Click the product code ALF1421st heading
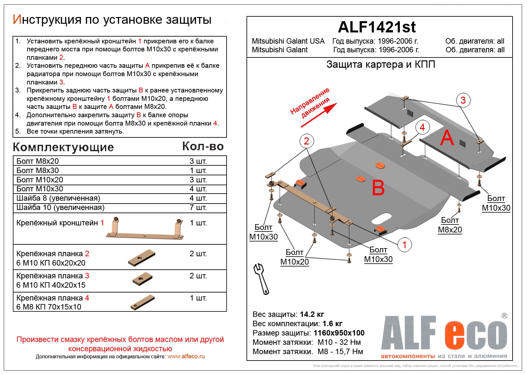click(x=377, y=27)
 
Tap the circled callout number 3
click(x=463, y=100)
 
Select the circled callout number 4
click(x=422, y=127)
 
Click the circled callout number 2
click(x=307, y=141)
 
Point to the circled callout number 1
click(x=404, y=245)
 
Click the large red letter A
click(x=447, y=138)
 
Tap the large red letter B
click(x=378, y=188)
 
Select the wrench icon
click(x=262, y=279)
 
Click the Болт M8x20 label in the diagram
click(x=450, y=225)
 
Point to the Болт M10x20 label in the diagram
click(x=294, y=257)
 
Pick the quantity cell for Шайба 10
click(x=198, y=207)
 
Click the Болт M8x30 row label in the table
click(x=38, y=170)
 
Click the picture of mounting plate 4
click(x=143, y=302)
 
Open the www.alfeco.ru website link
click(x=186, y=356)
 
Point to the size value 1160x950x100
click(x=339, y=333)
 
